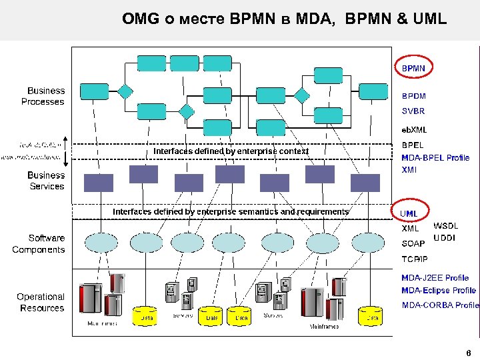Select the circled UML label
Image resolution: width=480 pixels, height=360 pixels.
[409, 213]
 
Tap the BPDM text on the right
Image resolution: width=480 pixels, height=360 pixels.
[413, 96]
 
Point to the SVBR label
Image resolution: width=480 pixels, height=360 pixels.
[413, 111]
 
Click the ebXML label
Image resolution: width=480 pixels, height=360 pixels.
[413, 129]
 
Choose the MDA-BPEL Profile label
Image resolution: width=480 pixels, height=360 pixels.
[435, 158]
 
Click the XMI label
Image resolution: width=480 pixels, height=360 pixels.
[409, 170]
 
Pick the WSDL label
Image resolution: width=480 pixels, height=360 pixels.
[446, 227]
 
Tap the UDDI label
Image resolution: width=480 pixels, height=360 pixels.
[445, 238]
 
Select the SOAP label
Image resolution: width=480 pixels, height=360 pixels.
[413, 244]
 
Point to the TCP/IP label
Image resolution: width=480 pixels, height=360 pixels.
[415, 259]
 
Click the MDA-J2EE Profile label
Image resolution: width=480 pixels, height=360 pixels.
[435, 277]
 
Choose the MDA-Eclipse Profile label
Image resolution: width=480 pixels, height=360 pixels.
[439, 291]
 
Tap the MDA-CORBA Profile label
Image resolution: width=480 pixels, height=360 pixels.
[440, 305]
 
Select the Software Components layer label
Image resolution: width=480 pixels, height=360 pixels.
[39, 244]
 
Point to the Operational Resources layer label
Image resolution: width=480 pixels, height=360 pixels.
[41, 302]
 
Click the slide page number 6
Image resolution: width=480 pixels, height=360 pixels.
[469, 353]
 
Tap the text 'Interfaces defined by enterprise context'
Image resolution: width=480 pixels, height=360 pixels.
[231, 151]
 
